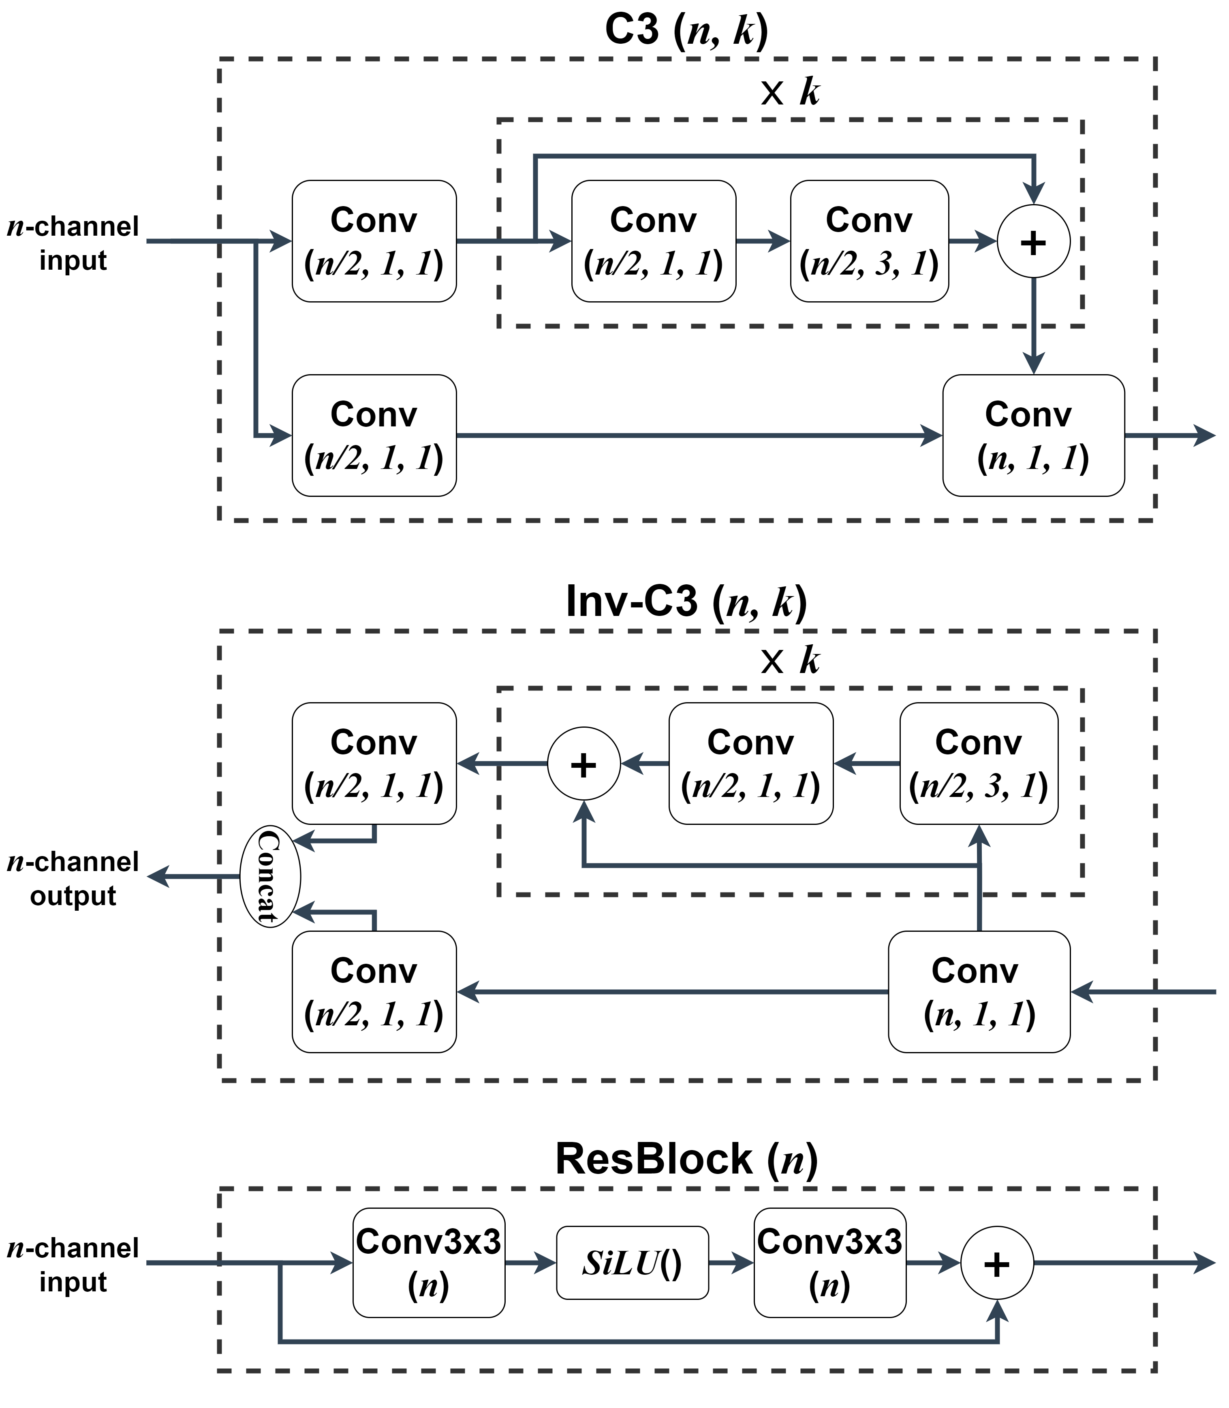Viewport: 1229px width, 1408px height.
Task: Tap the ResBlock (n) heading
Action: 686,1159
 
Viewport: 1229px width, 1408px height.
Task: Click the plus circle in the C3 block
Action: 1033,241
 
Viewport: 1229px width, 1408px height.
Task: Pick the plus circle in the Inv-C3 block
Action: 584,764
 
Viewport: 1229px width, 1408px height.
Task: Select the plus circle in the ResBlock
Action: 996,1263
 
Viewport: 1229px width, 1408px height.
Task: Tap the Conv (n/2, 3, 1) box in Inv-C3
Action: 978,764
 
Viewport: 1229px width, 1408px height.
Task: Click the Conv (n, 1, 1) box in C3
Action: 1033,435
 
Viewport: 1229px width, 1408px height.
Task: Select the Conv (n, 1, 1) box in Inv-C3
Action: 979,992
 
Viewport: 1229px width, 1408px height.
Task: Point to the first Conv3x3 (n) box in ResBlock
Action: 429,1263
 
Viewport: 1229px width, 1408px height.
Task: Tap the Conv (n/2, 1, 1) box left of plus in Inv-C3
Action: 750,764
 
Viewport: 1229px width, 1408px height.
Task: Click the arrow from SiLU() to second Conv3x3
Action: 731,1263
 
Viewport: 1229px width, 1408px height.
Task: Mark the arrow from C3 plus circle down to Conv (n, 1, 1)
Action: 1033,326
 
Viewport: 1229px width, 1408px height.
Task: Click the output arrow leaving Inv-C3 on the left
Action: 192,876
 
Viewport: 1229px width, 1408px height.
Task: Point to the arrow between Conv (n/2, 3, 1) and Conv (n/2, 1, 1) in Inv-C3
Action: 866,764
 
